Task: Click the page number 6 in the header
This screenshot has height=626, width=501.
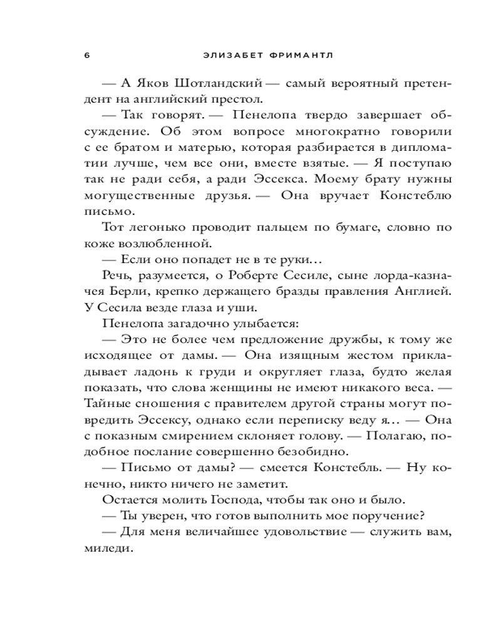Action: click(86, 54)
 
